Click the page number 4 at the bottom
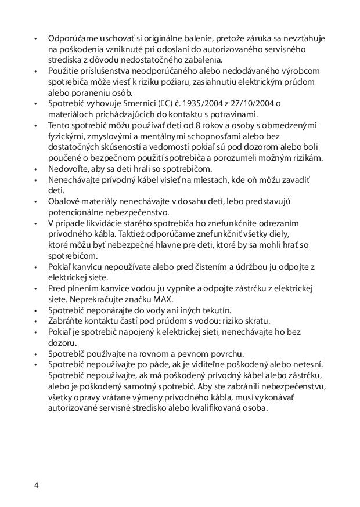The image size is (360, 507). point(36,485)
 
